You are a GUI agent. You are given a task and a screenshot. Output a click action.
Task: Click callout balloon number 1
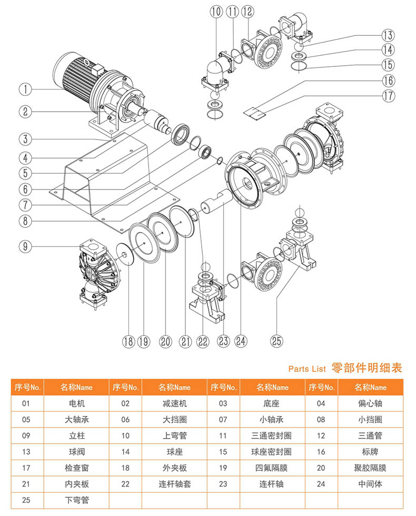pos(25,89)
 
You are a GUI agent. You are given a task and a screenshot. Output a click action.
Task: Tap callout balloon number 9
pos(25,246)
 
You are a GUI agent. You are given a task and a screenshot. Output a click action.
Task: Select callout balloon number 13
pos(388,35)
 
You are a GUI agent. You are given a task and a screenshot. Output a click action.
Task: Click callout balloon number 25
pos(276,341)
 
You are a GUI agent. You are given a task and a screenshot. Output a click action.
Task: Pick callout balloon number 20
pos(165,342)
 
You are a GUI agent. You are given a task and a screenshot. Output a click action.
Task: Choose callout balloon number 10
pos(216,12)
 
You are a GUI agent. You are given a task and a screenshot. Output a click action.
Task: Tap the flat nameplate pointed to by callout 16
pos(254,113)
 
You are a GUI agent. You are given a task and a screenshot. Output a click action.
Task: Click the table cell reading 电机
pos(77,403)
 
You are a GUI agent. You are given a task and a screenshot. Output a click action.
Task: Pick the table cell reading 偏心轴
pos(370,403)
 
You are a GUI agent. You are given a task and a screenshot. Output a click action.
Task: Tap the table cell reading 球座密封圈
pos(272,452)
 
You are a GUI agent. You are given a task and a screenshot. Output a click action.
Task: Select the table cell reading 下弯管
pos(77,500)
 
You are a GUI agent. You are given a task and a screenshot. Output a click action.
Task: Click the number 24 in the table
pos(321,484)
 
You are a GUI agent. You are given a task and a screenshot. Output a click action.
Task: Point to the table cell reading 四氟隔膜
pos(272,468)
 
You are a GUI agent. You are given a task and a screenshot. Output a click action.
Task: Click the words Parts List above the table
pos(307,369)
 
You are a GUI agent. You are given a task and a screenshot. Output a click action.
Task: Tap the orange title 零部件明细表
pos(367,368)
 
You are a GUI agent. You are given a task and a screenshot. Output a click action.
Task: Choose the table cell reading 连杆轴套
pos(174,484)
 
